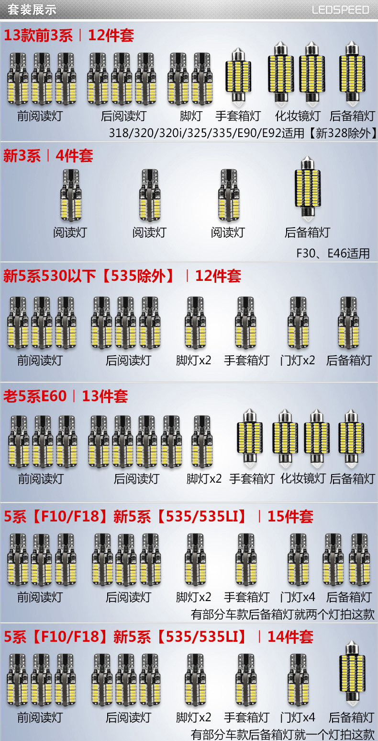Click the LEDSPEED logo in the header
tap(341, 10)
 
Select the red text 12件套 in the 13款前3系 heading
tap(111, 35)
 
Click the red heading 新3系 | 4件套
tap(48, 155)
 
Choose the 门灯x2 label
tap(298, 360)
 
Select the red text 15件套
tap(290, 516)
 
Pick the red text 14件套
tap(290, 637)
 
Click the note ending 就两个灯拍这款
tap(282, 614)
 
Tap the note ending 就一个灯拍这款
tap(282, 734)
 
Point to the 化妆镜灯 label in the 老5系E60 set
tap(302, 478)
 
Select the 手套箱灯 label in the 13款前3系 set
tap(238, 116)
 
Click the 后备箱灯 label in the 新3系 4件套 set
tap(307, 232)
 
